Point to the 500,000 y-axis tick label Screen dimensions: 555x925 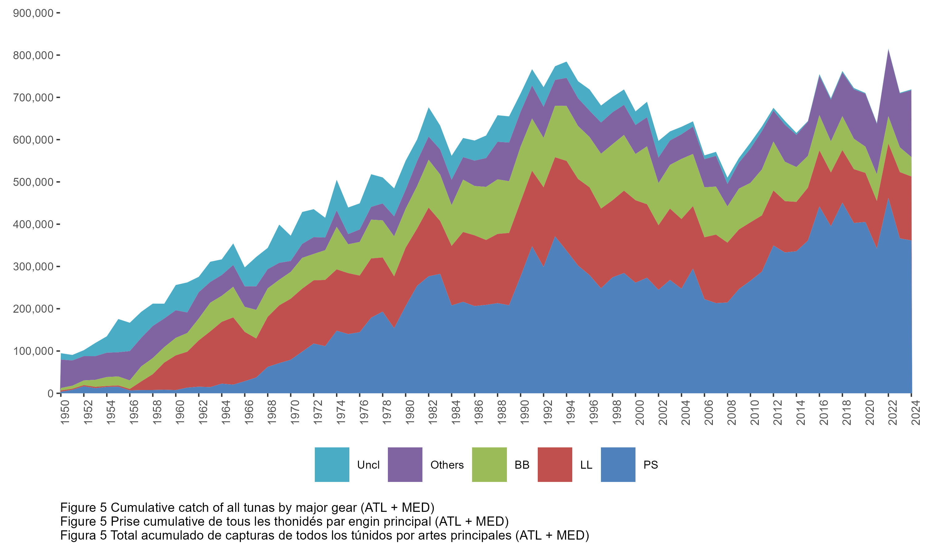coord(33,182)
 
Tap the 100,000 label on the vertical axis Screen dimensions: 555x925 coord(33,351)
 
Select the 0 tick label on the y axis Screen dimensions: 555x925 coord(50,393)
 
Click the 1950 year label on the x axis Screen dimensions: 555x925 coord(65,413)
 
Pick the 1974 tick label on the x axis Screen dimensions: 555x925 coord(341,413)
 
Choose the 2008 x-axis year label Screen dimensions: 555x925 coord(732,413)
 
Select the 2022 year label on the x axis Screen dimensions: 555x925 coord(893,413)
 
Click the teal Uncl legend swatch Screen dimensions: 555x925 coord(332,464)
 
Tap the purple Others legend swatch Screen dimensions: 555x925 coord(405,464)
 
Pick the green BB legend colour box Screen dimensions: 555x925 coord(489,464)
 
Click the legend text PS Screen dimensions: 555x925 coord(651,465)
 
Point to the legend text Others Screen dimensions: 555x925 coord(447,465)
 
